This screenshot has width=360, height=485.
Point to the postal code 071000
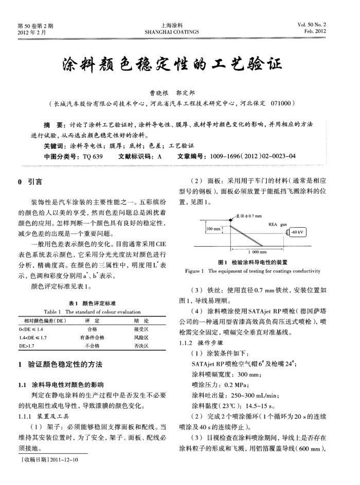(281, 103)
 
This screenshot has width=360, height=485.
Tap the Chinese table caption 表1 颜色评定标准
(92, 303)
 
